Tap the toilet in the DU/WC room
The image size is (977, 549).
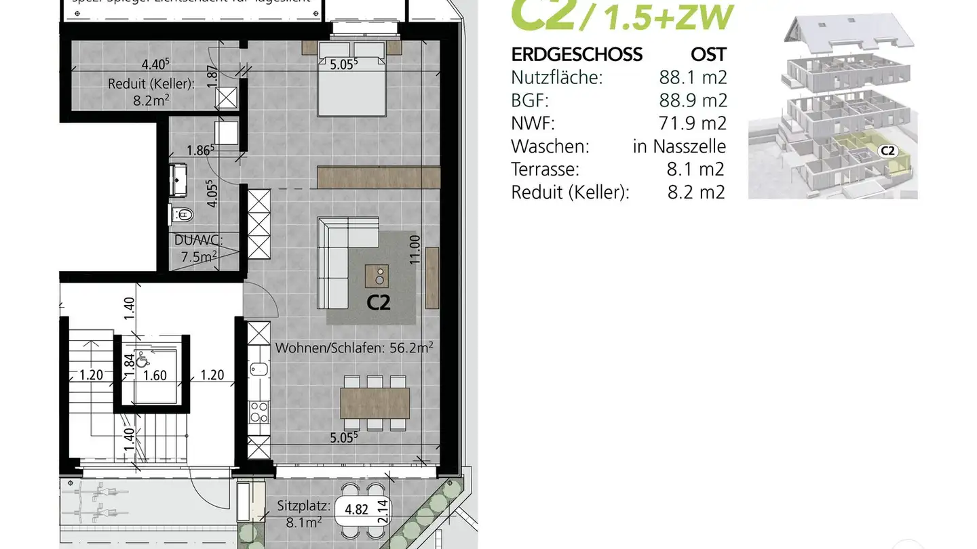tap(182, 215)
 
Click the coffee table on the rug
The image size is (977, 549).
tap(378, 275)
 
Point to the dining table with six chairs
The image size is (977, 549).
tap(375, 403)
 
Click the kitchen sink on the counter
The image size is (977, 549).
tap(259, 369)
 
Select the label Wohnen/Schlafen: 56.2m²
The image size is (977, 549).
tap(354, 348)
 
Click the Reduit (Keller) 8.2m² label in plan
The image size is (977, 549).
tap(151, 91)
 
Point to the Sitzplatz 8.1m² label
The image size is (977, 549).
tap(303, 513)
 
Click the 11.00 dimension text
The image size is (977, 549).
tap(415, 248)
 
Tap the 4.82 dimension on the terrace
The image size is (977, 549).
tap(357, 510)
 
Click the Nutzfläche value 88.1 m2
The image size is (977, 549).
tap(693, 77)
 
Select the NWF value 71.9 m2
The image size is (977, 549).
tap(693, 123)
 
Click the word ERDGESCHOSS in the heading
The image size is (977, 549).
tap(576, 54)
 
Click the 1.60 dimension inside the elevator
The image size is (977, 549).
tap(155, 375)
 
